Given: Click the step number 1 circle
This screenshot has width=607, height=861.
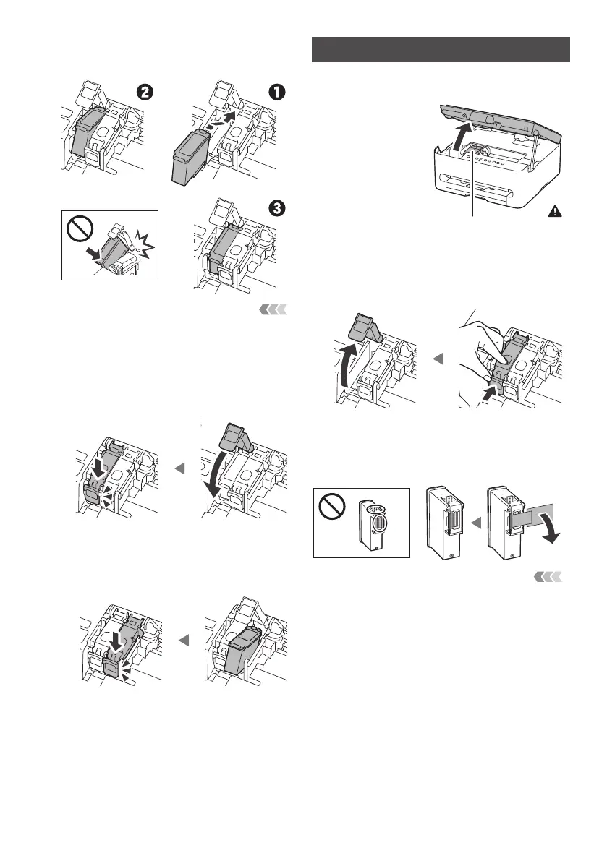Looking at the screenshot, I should pos(278,92).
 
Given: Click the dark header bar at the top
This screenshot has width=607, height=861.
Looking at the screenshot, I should pos(441,50).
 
